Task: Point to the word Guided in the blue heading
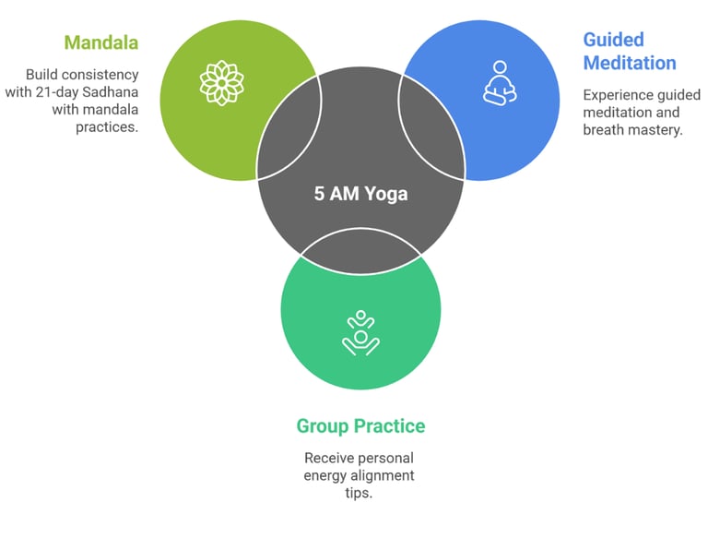tap(613, 40)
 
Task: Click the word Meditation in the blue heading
tap(630, 63)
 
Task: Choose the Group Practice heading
tap(360, 426)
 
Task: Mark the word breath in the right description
tap(604, 130)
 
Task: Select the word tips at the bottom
tap(360, 493)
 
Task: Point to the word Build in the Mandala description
tap(42, 74)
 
